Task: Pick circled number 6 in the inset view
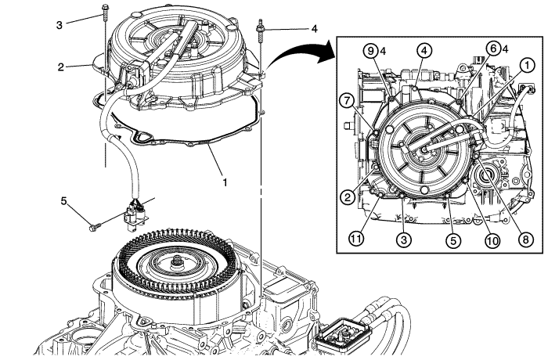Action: [492, 48]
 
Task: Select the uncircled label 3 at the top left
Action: [59, 23]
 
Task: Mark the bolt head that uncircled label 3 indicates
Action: [103, 11]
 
